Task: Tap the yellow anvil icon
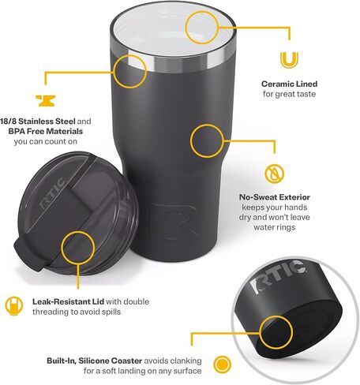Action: tap(46, 101)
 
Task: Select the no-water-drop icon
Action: tap(275, 174)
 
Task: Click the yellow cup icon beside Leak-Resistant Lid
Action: tap(14, 306)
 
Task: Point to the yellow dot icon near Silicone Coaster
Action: tap(223, 364)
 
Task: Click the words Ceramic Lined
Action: tap(289, 84)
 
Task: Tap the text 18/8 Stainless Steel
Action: tap(38, 121)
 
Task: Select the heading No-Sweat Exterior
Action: tap(275, 197)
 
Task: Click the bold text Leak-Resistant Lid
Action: tap(68, 301)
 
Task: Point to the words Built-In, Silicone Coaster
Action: tap(95, 361)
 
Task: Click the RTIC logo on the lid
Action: tap(52, 194)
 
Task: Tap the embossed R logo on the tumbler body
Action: tap(177, 222)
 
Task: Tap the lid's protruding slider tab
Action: tap(28, 255)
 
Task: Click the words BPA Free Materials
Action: tap(46, 131)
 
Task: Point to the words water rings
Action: tap(275, 227)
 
